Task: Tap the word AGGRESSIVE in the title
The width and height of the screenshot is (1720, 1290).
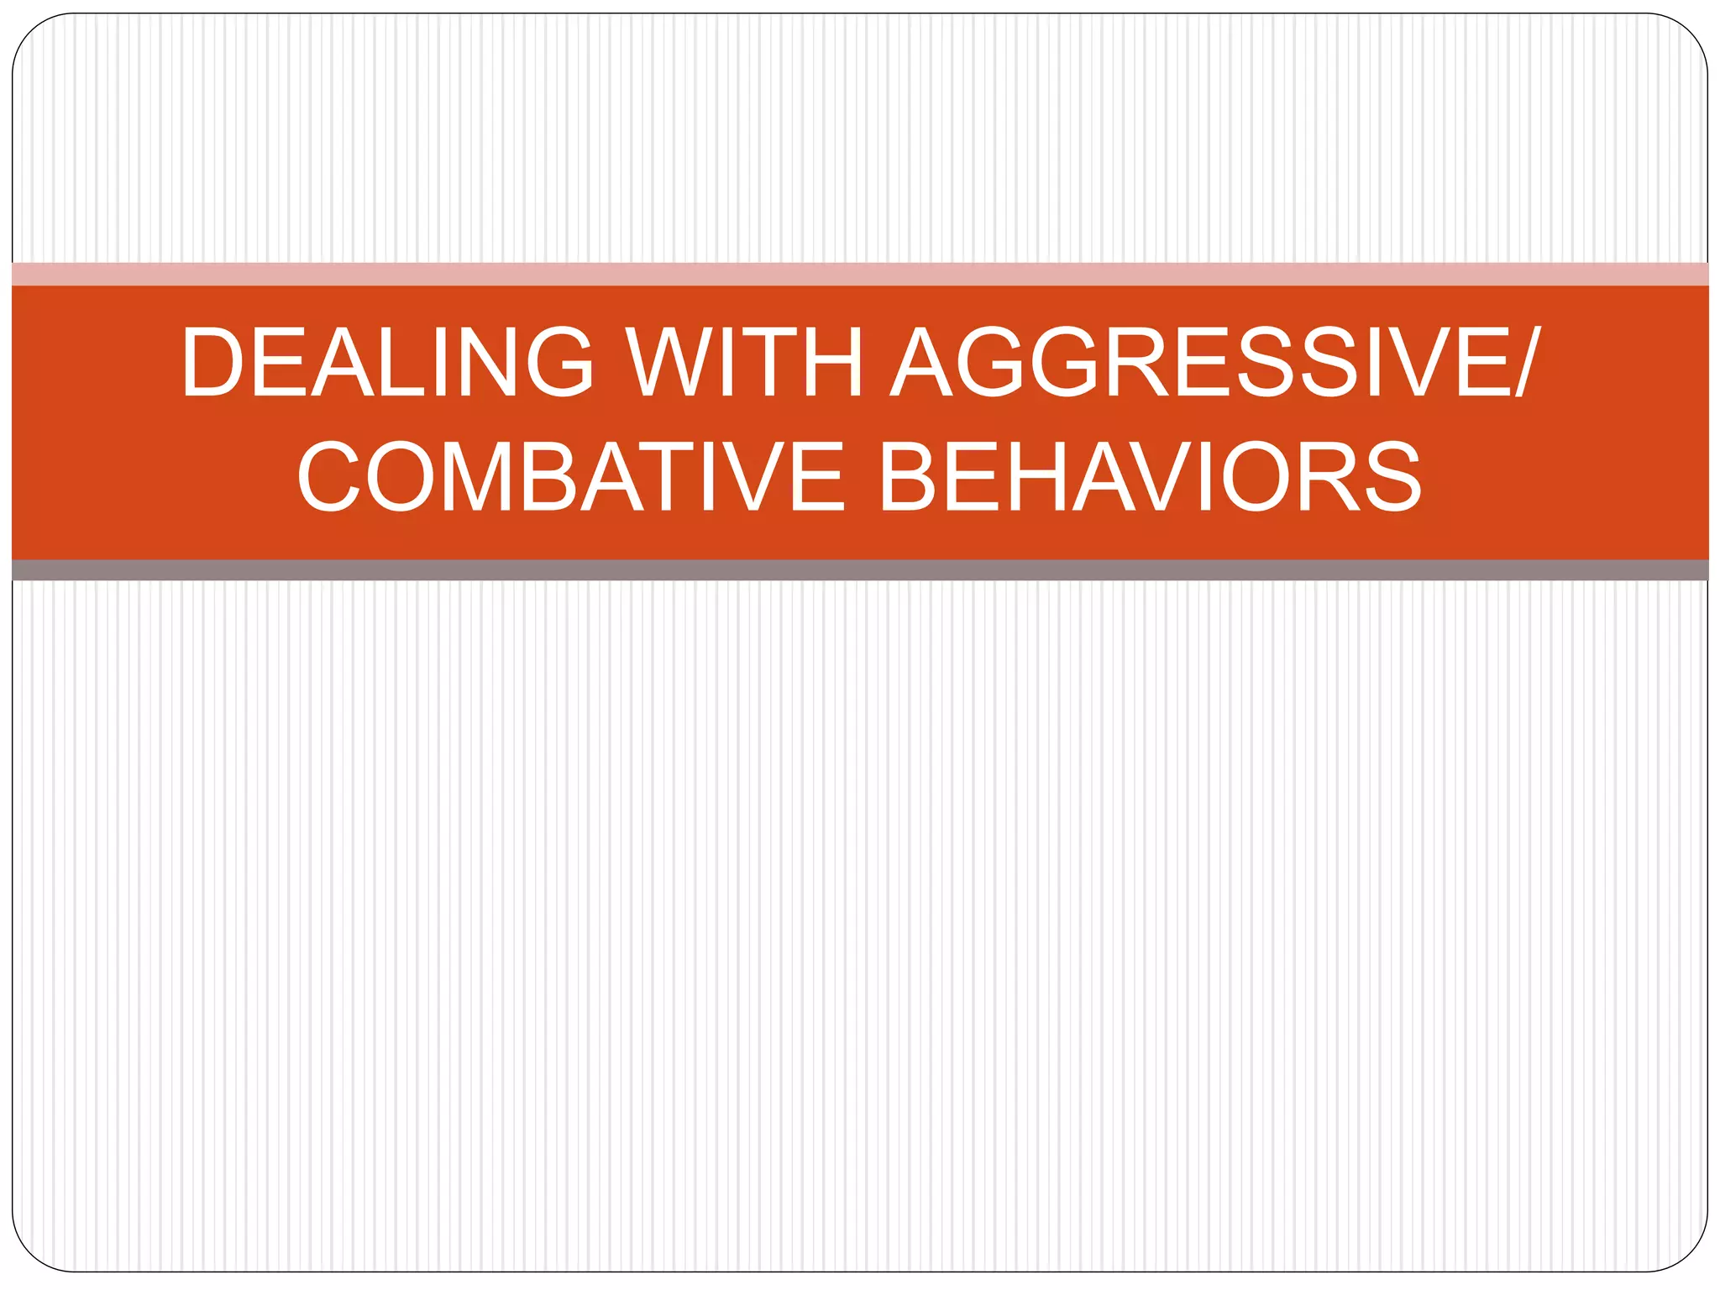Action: tap(1201, 362)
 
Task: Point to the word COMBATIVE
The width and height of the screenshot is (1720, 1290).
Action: tap(571, 476)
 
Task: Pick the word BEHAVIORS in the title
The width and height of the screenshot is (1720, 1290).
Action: tap(1150, 476)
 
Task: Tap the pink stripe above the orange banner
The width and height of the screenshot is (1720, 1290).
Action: tap(860, 274)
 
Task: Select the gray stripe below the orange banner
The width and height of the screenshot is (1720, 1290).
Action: tap(860, 570)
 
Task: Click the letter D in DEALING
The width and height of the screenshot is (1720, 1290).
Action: tap(212, 362)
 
